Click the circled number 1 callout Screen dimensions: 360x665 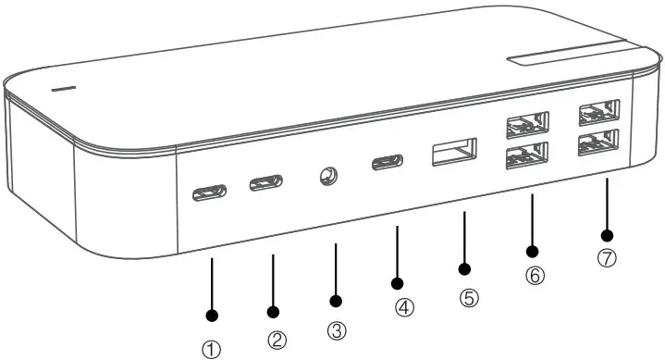(213, 349)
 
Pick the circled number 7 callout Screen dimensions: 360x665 (607, 259)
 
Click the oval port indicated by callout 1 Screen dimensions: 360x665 (209, 194)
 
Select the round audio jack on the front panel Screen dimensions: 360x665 (326, 175)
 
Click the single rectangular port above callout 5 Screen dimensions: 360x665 (454, 152)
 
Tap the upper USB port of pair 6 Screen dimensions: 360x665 (526, 123)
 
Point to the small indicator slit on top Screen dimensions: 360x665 (63, 89)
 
